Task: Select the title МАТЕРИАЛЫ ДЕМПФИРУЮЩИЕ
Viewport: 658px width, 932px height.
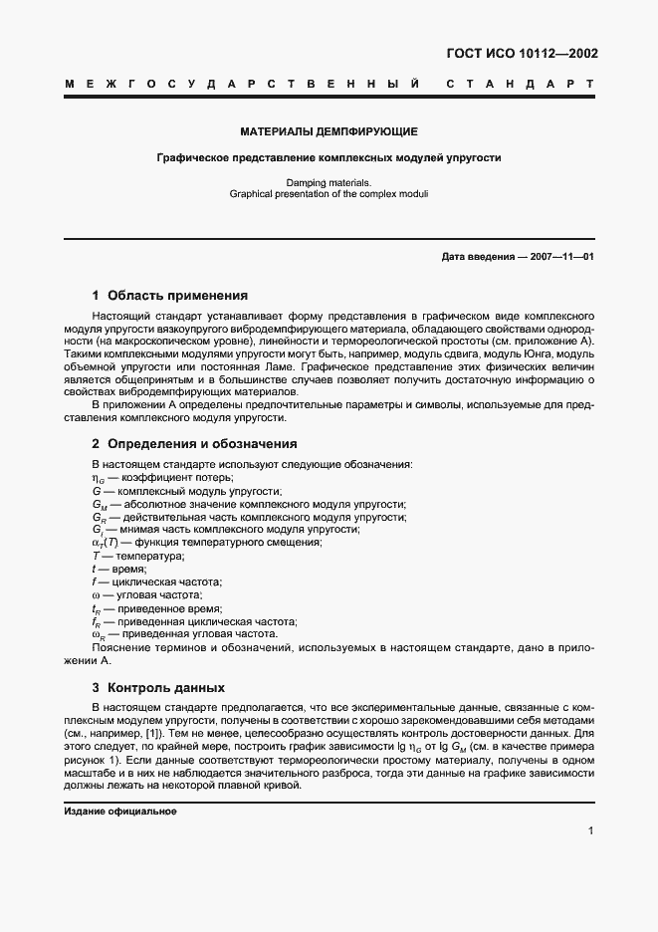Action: (x=329, y=131)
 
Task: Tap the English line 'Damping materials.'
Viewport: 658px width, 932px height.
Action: (x=329, y=182)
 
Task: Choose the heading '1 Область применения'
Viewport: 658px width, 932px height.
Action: (x=169, y=296)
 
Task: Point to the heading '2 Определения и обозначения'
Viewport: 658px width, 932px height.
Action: (x=194, y=444)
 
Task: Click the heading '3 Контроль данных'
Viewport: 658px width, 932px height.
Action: (x=158, y=687)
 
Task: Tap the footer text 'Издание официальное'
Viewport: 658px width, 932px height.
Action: (x=120, y=812)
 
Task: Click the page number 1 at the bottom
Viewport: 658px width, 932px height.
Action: (x=591, y=830)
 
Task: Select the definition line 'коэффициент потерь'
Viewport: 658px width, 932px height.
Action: (x=149, y=478)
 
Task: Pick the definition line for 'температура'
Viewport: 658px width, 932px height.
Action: (x=125, y=556)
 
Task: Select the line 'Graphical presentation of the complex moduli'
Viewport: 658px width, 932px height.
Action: (x=329, y=193)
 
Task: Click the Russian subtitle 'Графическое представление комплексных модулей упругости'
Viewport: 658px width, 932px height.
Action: (x=329, y=157)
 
